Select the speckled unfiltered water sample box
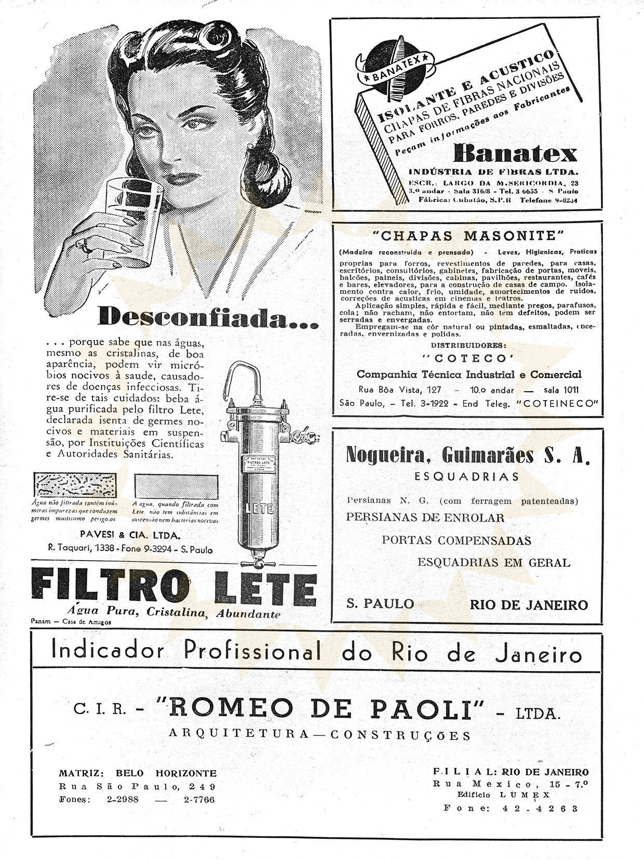tap(75, 486)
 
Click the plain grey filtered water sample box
tap(176, 487)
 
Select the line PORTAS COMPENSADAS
tap(457, 540)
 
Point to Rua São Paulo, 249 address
tap(137, 786)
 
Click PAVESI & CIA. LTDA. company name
tap(130, 535)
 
